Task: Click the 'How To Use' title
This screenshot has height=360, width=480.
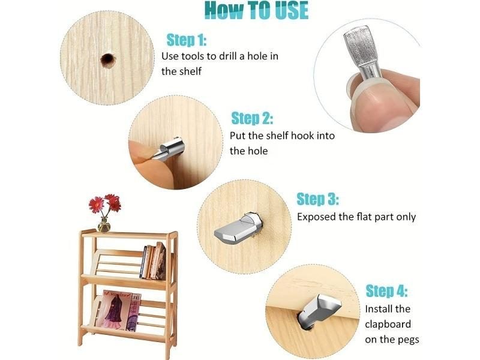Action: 256,10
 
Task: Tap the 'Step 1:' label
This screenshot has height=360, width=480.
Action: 187,40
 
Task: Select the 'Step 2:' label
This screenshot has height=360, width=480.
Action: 252,118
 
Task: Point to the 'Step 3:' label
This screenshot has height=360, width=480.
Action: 318,199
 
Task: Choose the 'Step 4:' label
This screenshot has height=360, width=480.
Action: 386,290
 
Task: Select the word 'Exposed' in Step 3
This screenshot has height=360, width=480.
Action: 317,217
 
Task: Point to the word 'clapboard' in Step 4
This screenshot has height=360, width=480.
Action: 388,324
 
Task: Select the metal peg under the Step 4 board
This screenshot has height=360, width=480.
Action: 319,310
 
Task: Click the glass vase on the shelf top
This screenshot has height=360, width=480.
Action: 104,225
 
